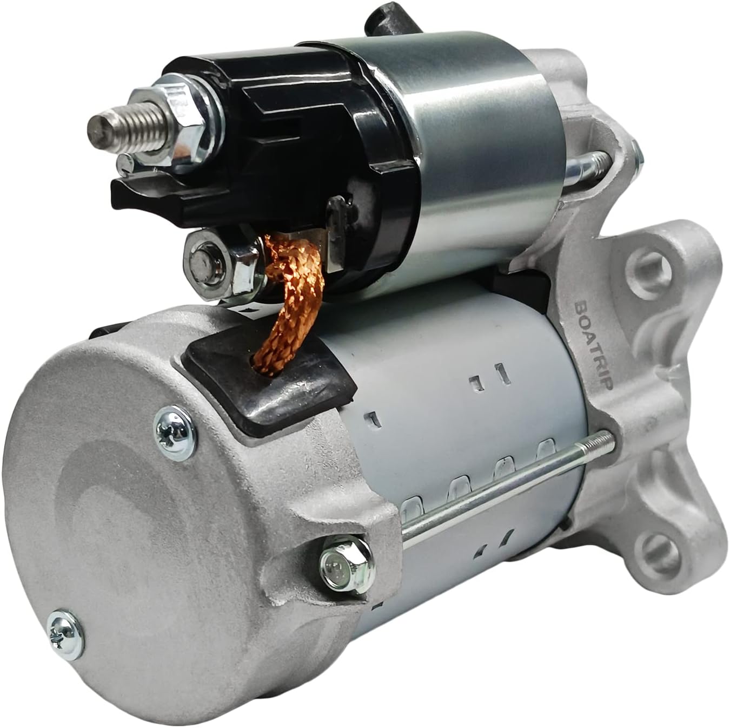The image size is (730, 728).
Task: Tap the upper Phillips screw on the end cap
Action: [175, 433]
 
